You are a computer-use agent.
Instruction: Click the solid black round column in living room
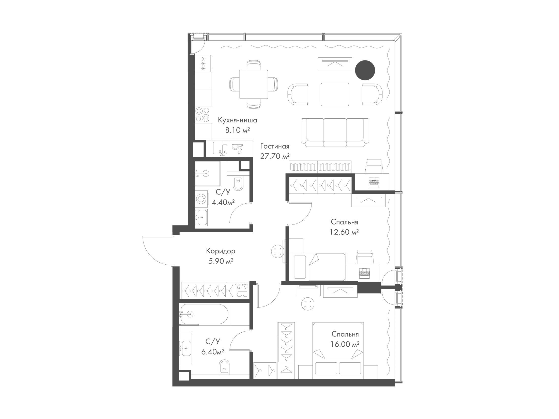click(365, 70)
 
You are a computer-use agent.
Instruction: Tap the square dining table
click(254, 84)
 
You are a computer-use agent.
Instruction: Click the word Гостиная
click(275, 147)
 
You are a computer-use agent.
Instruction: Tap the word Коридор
click(221, 251)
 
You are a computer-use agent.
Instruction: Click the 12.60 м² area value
click(345, 232)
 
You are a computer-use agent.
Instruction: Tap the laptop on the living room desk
click(374, 182)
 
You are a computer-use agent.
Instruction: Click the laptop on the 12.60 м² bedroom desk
click(364, 273)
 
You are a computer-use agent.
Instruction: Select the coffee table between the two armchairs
click(335, 94)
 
